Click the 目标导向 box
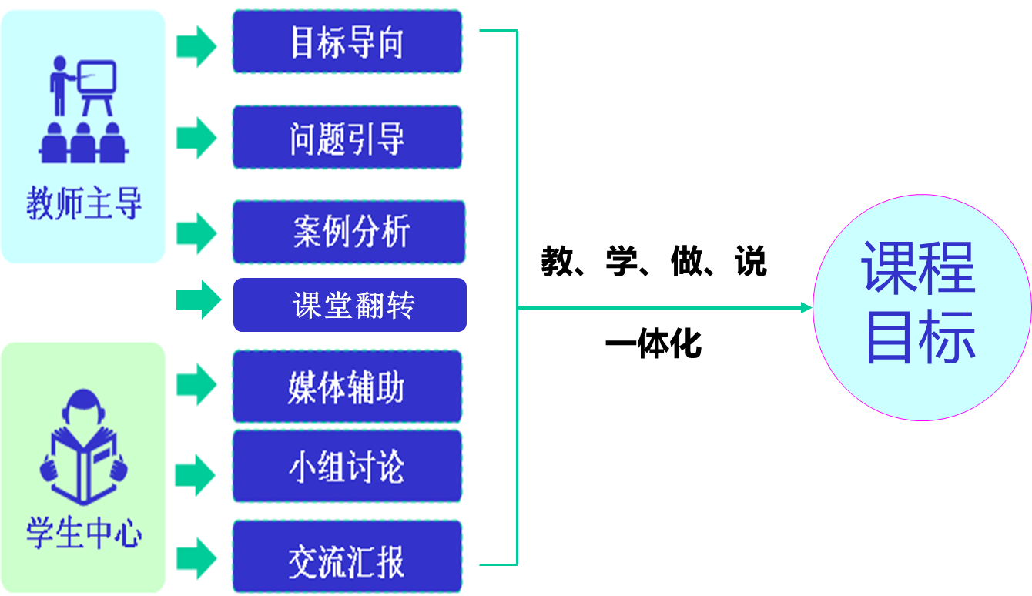point(347,42)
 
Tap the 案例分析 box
point(350,232)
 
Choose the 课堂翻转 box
point(350,306)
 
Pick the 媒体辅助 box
point(347,387)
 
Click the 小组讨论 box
point(347,467)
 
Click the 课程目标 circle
point(921,308)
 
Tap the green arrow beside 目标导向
point(197,46)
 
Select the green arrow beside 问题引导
point(197,139)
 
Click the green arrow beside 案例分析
point(197,233)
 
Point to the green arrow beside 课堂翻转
point(199,299)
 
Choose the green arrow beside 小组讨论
point(196,475)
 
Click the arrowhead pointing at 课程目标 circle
point(806,308)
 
